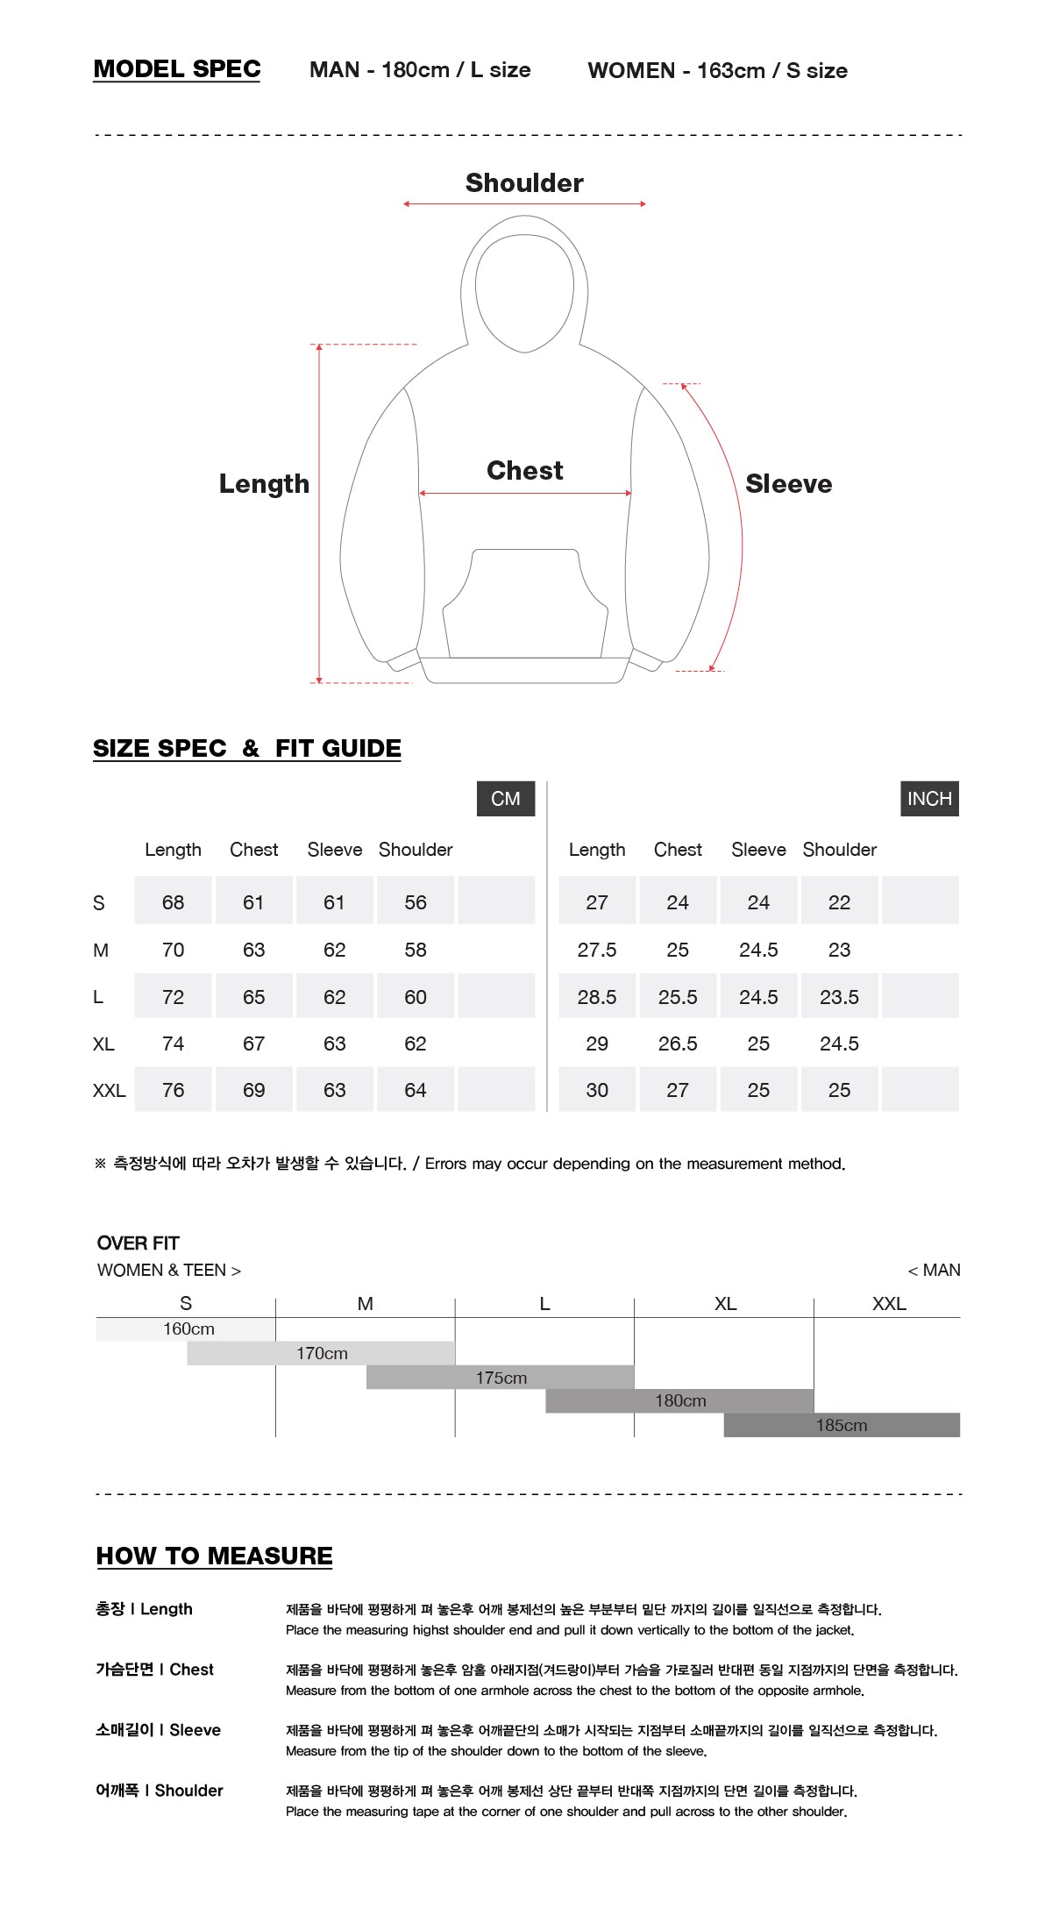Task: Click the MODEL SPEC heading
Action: click(177, 69)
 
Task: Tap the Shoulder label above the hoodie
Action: click(524, 182)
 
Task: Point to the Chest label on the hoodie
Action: click(524, 471)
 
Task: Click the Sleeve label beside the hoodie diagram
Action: click(788, 484)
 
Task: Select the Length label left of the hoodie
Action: click(264, 484)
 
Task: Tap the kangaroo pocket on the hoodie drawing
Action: click(524, 605)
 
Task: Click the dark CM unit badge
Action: click(506, 799)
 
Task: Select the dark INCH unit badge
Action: click(929, 799)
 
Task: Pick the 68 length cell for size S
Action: click(173, 902)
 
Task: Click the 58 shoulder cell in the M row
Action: click(416, 950)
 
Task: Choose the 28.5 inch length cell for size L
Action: click(597, 997)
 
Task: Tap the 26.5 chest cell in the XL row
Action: click(678, 1043)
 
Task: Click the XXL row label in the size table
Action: click(109, 1091)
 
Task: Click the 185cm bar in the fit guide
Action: click(842, 1425)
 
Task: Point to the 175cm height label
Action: click(501, 1378)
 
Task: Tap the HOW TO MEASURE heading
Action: click(215, 1556)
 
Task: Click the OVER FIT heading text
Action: click(139, 1243)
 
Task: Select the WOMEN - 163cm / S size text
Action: click(717, 70)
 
